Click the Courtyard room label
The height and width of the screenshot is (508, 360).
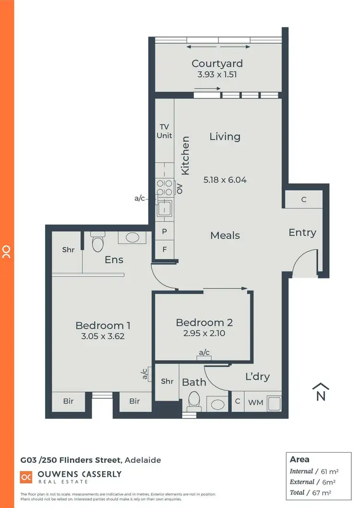[x=217, y=63]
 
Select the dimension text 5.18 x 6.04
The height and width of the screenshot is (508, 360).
[x=225, y=180]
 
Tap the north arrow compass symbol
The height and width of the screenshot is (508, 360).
[x=321, y=392]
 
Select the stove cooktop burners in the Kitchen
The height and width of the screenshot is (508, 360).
[x=164, y=187]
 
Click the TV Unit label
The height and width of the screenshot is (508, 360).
[x=164, y=131]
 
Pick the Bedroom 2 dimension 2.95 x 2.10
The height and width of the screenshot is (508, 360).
[x=204, y=333]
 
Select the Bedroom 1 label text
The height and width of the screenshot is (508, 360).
[x=103, y=326]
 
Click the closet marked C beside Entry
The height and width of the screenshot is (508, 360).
[x=304, y=199]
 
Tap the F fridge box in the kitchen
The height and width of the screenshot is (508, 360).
[x=164, y=250]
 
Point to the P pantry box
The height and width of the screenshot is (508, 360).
[x=164, y=231]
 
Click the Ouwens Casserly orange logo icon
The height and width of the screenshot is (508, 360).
[x=25, y=477]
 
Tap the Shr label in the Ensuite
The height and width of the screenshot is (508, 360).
[x=68, y=250]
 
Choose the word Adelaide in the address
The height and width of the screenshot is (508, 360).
[x=143, y=460]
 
